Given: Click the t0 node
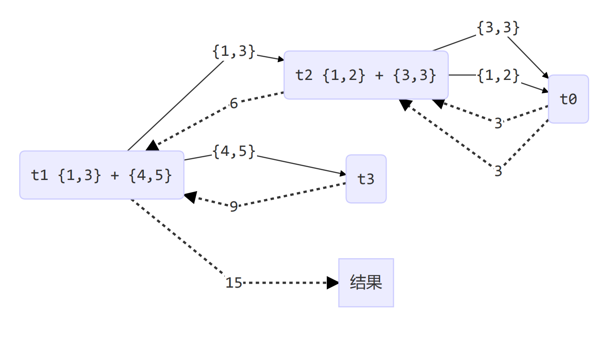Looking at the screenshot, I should click(x=568, y=99).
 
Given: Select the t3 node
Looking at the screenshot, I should click(x=366, y=179).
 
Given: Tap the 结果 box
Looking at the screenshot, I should click(x=366, y=283).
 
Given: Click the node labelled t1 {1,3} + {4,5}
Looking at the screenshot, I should click(x=101, y=175).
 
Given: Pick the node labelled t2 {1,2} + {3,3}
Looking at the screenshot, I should click(x=366, y=75).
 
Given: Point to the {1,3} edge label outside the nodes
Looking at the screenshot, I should click(x=234, y=52).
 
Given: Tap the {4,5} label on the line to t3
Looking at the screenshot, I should click(x=234, y=151).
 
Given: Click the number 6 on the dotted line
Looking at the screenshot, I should click(x=234, y=104).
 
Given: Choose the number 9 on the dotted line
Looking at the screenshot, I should click(x=234, y=207).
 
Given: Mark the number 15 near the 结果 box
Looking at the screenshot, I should click(x=234, y=283).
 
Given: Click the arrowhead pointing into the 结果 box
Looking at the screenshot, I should click(x=333, y=283).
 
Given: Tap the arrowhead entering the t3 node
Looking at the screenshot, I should click(x=342, y=175).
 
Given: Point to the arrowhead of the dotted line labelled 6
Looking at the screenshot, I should click(x=152, y=146).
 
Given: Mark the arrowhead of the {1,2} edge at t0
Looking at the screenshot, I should click(x=545, y=91).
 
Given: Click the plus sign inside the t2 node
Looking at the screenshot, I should click(x=379, y=75).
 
